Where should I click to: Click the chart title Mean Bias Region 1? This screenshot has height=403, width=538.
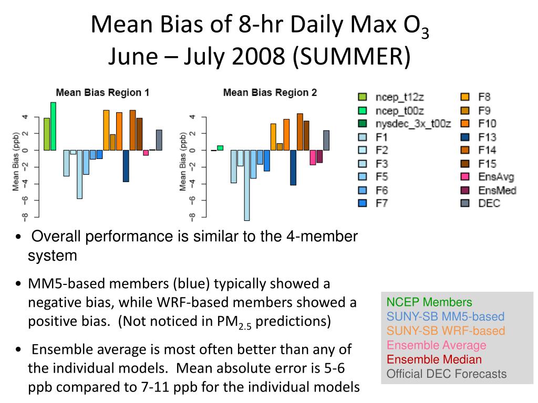pyautogui.click(x=102, y=93)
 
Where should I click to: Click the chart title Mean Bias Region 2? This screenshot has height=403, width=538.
pyautogui.click(x=270, y=93)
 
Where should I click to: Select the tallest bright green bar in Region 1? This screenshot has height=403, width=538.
pyautogui.click(x=53, y=126)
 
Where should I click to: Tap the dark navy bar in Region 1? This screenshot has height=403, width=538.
pyautogui.click(x=126, y=166)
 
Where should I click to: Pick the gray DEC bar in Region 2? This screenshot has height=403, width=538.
pyautogui.click(x=326, y=140)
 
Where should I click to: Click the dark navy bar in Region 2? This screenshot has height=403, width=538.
pyautogui.click(x=293, y=167)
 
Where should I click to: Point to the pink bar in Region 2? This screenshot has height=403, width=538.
pyautogui.click(x=313, y=157)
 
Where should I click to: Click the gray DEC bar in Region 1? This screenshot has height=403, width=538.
pyautogui.click(x=159, y=140)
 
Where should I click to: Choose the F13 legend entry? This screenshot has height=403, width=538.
pyautogui.click(x=487, y=137)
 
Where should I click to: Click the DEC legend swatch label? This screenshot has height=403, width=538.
pyautogui.click(x=489, y=203)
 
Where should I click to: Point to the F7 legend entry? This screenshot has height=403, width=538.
pyautogui.click(x=381, y=204)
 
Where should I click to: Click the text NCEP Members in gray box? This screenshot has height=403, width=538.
pyautogui.click(x=429, y=302)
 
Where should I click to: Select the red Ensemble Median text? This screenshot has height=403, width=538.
pyautogui.click(x=434, y=359)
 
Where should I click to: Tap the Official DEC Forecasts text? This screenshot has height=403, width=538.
pyautogui.click(x=447, y=374)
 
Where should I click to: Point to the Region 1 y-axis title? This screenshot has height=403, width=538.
pyautogui.click(x=16, y=161)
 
